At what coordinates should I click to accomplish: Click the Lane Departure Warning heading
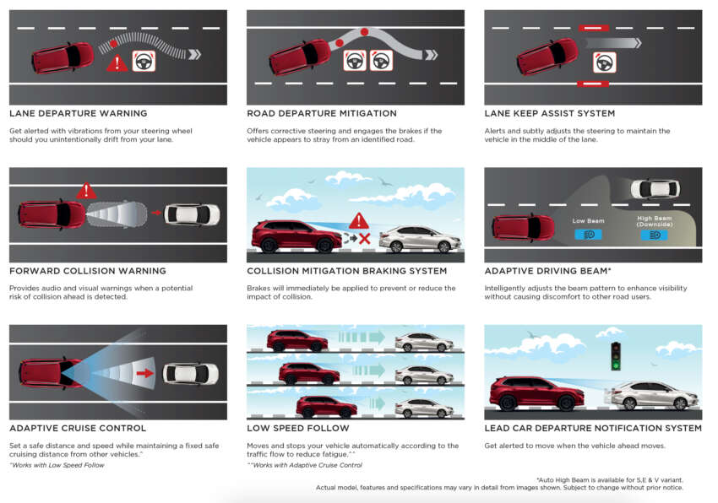pos(79,113)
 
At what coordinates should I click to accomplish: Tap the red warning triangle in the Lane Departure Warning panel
pos(117,63)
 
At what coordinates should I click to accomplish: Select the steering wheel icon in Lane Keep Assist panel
pos(605,62)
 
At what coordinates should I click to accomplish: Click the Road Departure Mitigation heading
pos(322,113)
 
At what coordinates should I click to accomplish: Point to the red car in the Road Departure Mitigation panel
pos(300,57)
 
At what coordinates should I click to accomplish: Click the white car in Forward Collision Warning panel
pos(192,214)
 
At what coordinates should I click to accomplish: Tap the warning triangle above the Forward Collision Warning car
pos(86,191)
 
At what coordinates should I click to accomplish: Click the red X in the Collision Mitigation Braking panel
pos(365,239)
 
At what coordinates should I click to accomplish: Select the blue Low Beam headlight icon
pos(588,235)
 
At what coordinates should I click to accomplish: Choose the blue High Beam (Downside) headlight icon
pos(655,235)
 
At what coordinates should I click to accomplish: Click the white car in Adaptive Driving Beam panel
pos(655,188)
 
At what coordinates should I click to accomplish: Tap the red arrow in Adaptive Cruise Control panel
pos(144,374)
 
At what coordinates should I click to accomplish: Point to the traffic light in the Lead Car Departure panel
pos(616,356)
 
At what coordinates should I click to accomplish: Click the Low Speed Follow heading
pos(298,429)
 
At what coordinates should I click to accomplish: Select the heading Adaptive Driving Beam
pos(548,271)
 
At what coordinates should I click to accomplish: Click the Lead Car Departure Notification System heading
pos(593,429)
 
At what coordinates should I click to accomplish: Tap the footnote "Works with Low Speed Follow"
pos(57,465)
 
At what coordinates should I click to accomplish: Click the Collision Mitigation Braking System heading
pos(346,271)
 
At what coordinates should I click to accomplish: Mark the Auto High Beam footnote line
pos(610,480)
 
